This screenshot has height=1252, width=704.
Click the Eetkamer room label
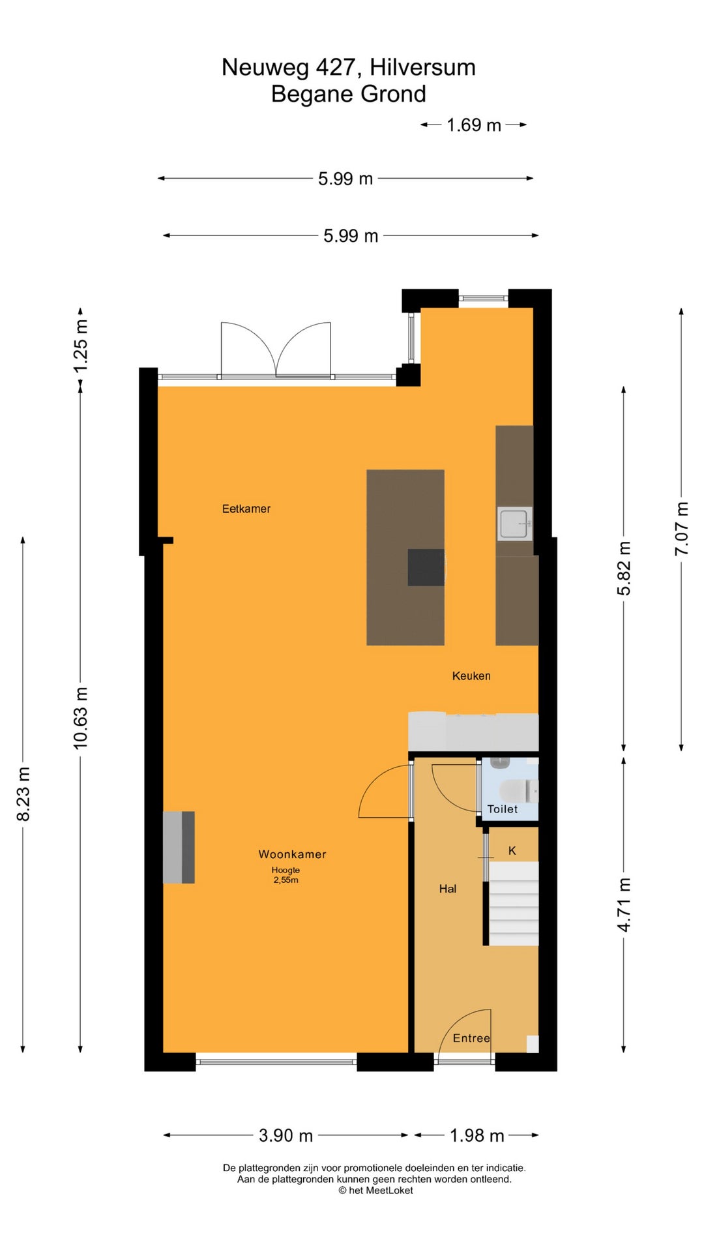tap(246, 509)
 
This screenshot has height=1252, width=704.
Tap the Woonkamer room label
tap(292, 854)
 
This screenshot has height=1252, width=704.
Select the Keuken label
tap(471, 676)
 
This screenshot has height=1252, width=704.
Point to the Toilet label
tap(502, 809)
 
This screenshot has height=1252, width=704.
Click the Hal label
tap(448, 889)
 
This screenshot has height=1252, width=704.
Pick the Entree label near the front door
tap(471, 1038)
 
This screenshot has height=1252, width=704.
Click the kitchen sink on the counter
tap(514, 524)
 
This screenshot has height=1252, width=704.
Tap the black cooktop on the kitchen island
tap(426, 567)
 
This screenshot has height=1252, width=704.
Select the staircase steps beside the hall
tap(514, 904)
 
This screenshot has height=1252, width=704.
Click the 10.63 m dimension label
tap(80, 717)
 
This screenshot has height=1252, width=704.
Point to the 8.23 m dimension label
tap(23, 794)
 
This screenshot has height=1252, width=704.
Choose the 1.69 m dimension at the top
tap(474, 125)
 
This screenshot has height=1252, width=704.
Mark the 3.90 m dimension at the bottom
tap(286, 1135)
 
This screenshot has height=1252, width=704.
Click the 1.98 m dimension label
tap(477, 1135)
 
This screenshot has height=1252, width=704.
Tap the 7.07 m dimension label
tap(681, 529)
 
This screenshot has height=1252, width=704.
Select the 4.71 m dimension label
tap(624, 904)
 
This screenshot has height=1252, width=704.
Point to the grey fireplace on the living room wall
tap(179, 847)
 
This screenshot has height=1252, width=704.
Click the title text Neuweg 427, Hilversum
tap(349, 67)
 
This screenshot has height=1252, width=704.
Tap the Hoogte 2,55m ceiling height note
tap(286, 875)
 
